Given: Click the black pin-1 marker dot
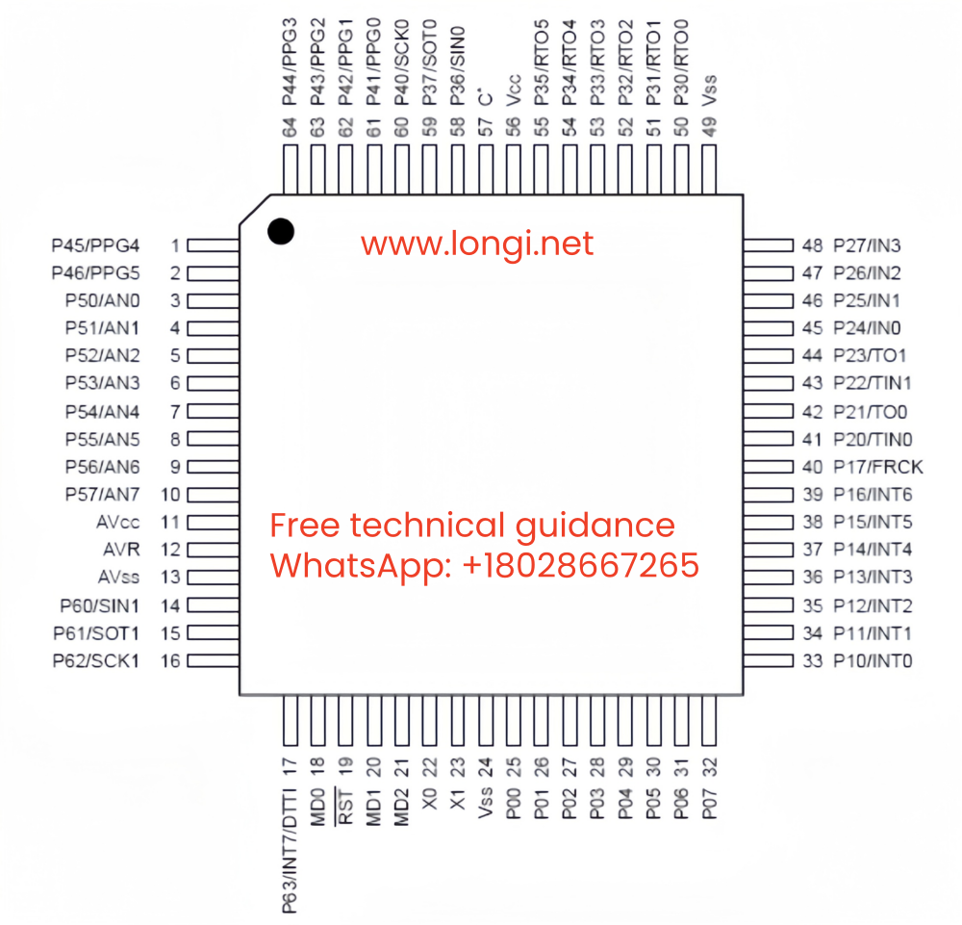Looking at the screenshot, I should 281,231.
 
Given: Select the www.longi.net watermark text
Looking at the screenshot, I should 477,244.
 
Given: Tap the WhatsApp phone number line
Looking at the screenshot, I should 484,565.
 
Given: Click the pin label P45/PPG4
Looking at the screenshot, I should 95,245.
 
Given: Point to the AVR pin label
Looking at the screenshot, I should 121,550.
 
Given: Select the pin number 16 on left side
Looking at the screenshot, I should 170,661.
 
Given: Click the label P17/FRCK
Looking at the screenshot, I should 877,468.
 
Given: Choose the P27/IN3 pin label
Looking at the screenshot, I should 867,245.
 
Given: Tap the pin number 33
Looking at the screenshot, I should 812,661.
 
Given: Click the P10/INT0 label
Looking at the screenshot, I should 873,661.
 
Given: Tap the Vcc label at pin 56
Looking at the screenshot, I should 514,90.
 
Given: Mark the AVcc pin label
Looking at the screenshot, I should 118,523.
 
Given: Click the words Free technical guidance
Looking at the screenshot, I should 471,526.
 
